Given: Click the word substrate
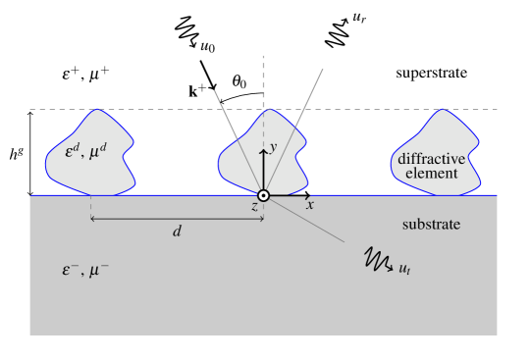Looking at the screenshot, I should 431,225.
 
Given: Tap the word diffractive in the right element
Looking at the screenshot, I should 431,159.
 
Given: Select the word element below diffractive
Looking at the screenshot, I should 431,174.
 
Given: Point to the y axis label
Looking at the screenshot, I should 274,147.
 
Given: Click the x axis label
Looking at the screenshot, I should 310,205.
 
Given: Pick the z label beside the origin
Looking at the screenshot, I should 254,207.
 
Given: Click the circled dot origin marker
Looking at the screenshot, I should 263,195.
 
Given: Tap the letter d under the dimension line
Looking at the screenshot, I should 177,231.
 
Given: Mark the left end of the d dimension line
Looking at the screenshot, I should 91,218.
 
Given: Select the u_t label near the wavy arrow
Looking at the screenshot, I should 403,268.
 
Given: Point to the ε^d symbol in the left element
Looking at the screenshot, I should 73,153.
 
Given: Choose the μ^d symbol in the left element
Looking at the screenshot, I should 99,153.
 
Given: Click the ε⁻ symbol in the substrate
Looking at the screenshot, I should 71,269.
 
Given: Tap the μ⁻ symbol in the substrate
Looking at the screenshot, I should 99,269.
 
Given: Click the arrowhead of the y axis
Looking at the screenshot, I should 263,147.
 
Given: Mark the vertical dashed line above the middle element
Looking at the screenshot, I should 263,78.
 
